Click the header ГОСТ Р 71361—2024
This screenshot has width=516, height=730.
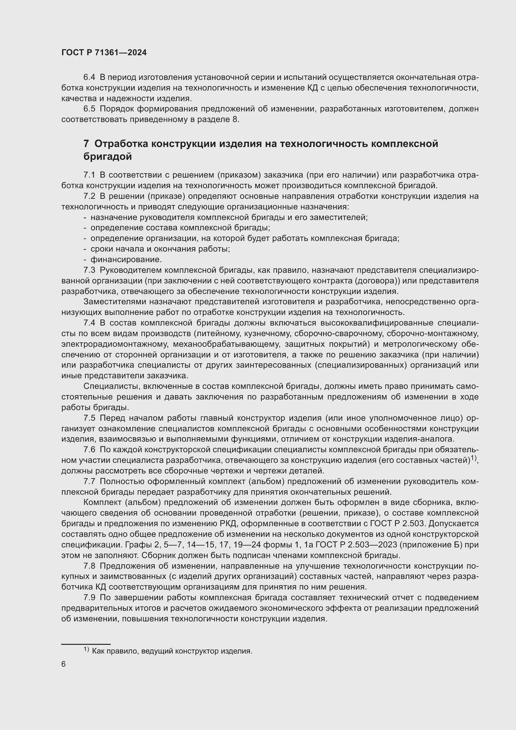coord(104,53)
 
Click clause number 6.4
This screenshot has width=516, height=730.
coord(89,77)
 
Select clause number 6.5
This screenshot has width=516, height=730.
coord(89,109)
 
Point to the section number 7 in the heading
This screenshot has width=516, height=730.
coord(86,144)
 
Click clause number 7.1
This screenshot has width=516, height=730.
coord(89,175)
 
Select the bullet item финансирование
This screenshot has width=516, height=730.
coord(126,259)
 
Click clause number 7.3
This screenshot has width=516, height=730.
coord(89,270)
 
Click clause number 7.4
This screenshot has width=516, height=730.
coord(89,323)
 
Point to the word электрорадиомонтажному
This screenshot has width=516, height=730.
coord(113,344)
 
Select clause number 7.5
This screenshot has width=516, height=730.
coord(89,418)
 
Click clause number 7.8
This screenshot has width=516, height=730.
coord(89,566)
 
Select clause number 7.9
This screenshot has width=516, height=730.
coord(89,597)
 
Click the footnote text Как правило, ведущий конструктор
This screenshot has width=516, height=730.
coord(172,651)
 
